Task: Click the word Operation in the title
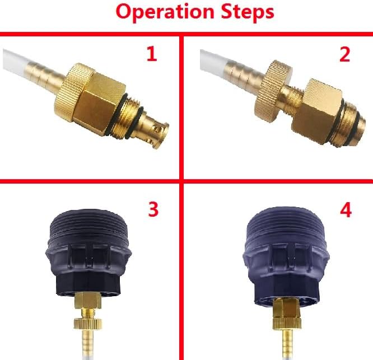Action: click(165, 12)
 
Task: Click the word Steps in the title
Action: click(248, 12)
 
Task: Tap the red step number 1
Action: click(152, 54)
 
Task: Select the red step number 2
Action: click(344, 54)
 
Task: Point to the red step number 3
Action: click(153, 209)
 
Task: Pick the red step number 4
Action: click(346, 210)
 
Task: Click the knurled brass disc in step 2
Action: click(273, 92)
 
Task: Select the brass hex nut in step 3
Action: click(88, 300)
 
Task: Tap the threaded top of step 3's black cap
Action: click(89, 225)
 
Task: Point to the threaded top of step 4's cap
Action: click(286, 223)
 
